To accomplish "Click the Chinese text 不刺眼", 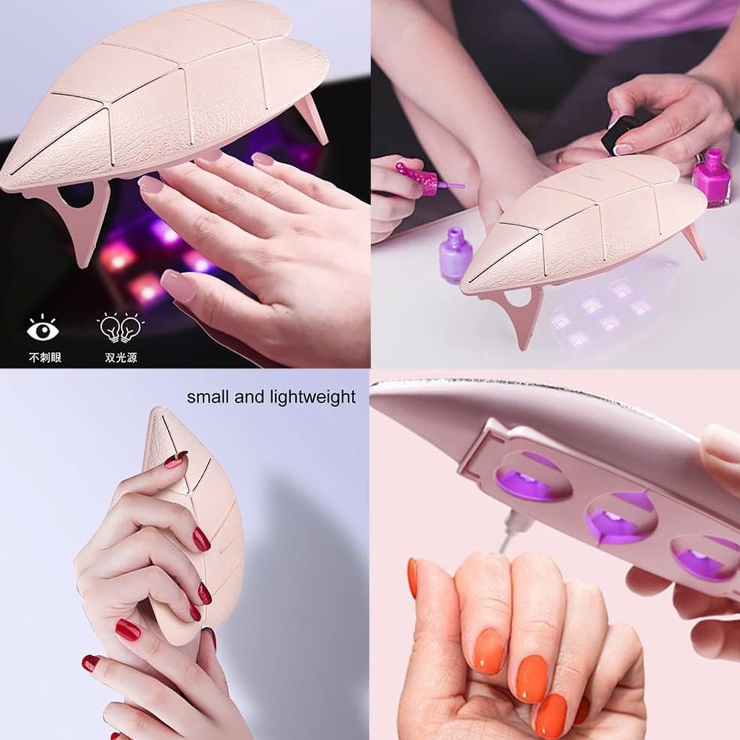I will coord(45,357).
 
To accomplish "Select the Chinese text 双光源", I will coord(121,357).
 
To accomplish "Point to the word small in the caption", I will coord(208,397).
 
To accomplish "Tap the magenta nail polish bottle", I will coord(708,178).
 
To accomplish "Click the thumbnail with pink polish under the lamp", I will coord(176,282).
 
